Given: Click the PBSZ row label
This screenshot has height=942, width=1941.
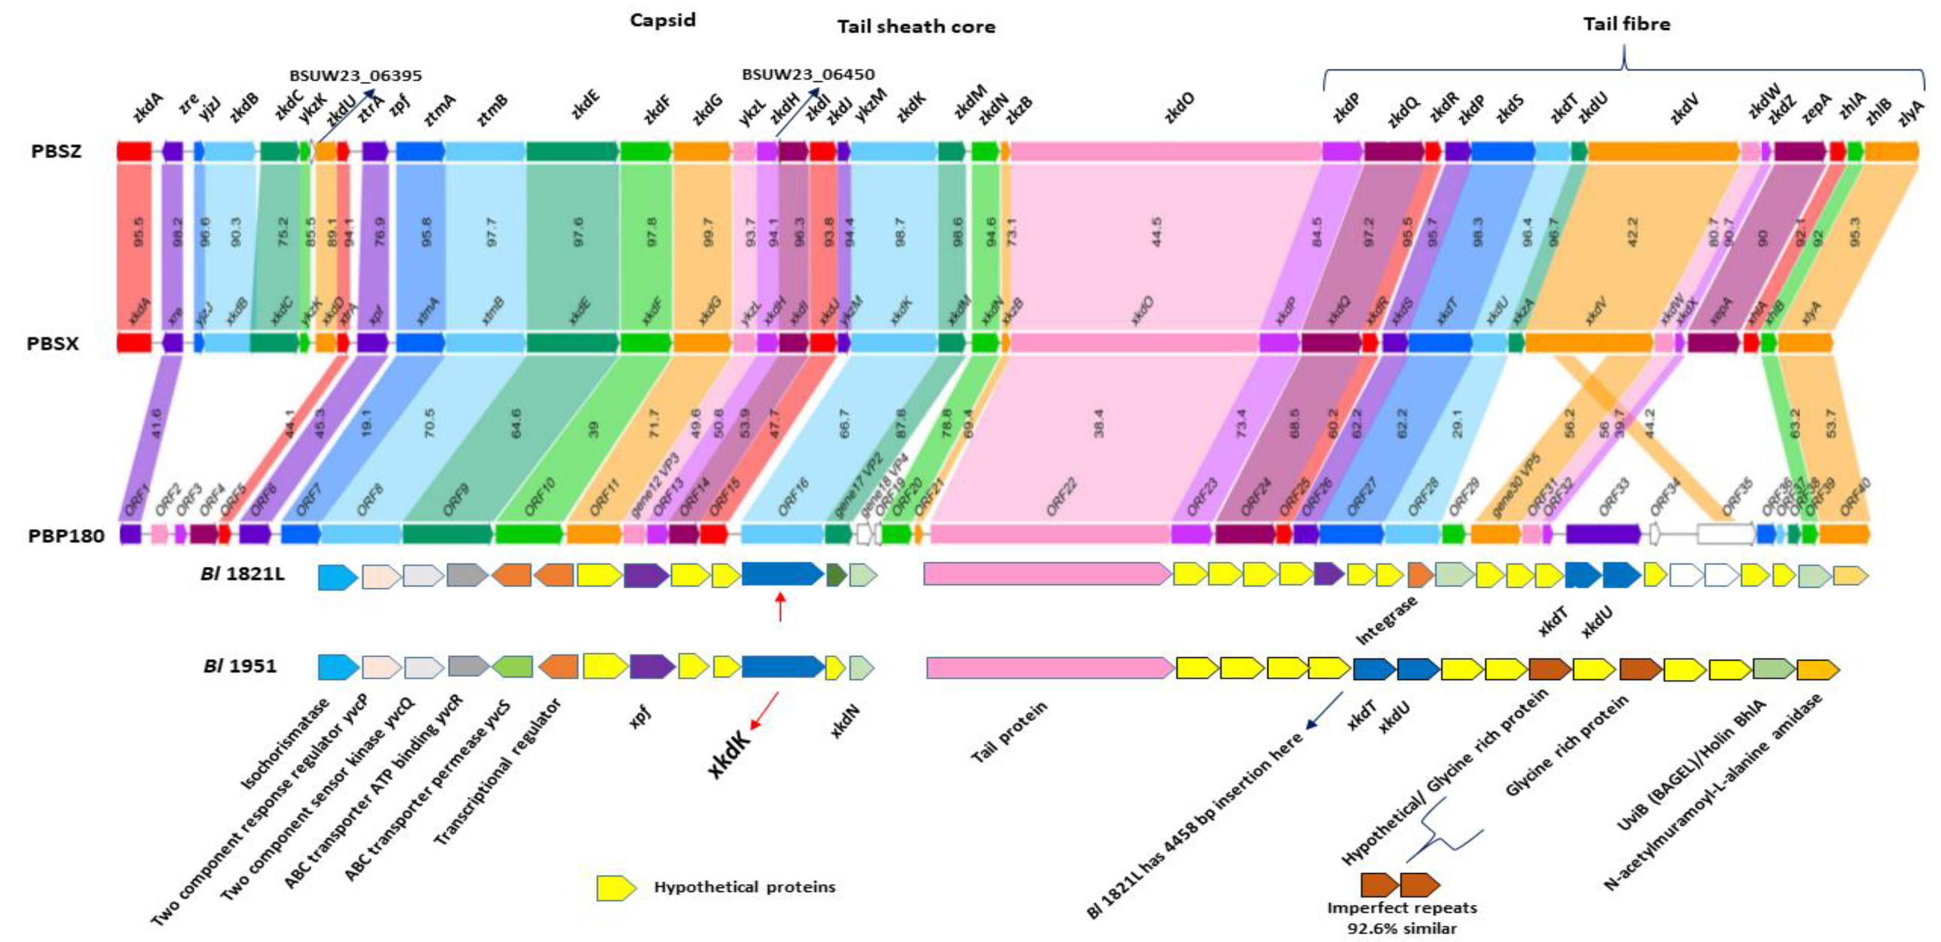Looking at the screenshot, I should coord(56,152).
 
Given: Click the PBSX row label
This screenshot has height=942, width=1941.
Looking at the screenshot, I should coord(53,344).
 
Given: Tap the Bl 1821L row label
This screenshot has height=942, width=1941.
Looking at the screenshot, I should coord(243,575).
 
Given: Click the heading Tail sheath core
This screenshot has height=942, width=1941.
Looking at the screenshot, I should coord(915,27).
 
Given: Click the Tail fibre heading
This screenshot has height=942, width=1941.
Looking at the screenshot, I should coord(1626,24).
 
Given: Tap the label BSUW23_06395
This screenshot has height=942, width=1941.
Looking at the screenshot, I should coord(356,75).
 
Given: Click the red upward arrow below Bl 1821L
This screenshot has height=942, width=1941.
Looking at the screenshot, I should coord(780,607).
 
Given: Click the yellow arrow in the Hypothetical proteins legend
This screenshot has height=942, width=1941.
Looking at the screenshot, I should coord(616,887).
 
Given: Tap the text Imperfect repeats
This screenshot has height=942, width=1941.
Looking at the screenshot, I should coord(1402,907).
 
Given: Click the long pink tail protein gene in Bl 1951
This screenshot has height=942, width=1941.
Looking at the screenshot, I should coord(1050,668).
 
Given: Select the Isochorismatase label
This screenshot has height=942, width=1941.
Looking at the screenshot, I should coord(285,744).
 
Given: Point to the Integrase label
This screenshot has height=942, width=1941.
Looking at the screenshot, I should coord(1386,620).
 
